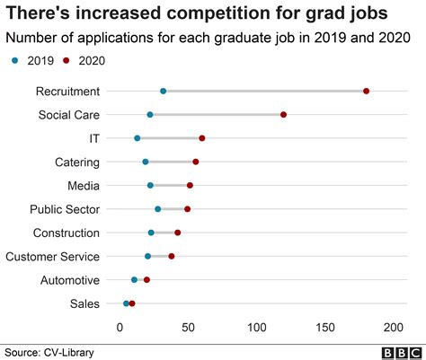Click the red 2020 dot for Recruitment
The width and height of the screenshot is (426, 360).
(x=367, y=91)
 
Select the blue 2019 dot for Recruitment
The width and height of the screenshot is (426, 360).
(x=163, y=91)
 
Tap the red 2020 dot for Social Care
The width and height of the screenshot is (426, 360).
(x=283, y=115)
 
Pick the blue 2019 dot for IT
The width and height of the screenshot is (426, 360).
(x=137, y=138)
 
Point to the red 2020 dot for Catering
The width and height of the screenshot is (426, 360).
(x=196, y=162)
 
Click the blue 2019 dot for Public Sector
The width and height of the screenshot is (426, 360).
(x=158, y=209)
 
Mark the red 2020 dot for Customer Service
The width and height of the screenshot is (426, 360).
(x=172, y=257)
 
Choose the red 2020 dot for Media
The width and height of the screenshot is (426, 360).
(x=190, y=186)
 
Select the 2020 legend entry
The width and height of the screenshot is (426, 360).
(x=80, y=60)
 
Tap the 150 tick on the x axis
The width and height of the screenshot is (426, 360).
(x=325, y=326)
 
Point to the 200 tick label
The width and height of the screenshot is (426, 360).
(x=394, y=326)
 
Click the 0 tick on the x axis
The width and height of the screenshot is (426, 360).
(x=120, y=326)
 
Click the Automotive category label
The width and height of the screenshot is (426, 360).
(x=70, y=280)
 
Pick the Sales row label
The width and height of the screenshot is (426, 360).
(x=84, y=303)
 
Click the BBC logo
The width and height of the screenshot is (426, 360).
(x=400, y=352)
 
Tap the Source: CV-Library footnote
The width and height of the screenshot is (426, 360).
(x=49, y=352)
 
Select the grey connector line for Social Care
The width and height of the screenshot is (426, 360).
(x=216, y=115)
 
